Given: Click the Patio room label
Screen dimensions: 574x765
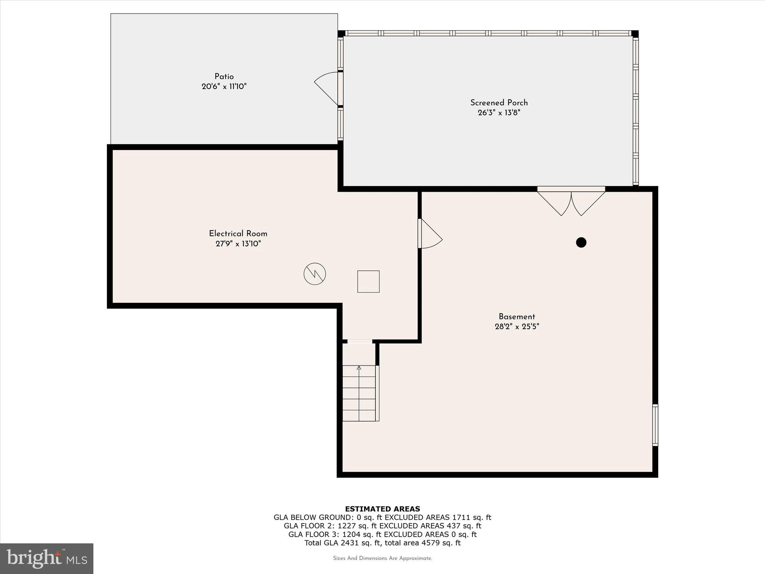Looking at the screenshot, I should [224, 77].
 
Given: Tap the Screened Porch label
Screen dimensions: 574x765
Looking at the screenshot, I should [499, 102].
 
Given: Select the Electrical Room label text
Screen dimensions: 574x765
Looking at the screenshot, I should [238, 234].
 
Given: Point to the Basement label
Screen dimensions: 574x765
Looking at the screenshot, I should [517, 317].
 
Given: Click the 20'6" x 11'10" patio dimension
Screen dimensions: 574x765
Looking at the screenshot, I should [224, 87].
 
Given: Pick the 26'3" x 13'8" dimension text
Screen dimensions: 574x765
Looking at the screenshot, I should [499, 112].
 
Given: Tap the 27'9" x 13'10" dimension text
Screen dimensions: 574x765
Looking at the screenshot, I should [238, 244].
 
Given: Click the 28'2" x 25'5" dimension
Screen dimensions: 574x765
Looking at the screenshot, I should [517, 327].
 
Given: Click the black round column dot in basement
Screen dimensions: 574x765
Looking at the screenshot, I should [581, 243].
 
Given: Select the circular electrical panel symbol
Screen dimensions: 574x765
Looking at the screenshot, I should [315, 274].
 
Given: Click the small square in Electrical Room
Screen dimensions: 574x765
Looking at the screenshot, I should [368, 281].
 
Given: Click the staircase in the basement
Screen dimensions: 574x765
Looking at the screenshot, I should [359, 393].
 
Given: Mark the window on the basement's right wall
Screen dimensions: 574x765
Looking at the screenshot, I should [655, 425].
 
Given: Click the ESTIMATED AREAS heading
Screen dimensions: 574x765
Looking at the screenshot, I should [382, 509].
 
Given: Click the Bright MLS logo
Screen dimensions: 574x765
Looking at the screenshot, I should [47, 558].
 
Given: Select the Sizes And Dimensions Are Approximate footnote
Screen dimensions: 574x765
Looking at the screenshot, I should [382, 558].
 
